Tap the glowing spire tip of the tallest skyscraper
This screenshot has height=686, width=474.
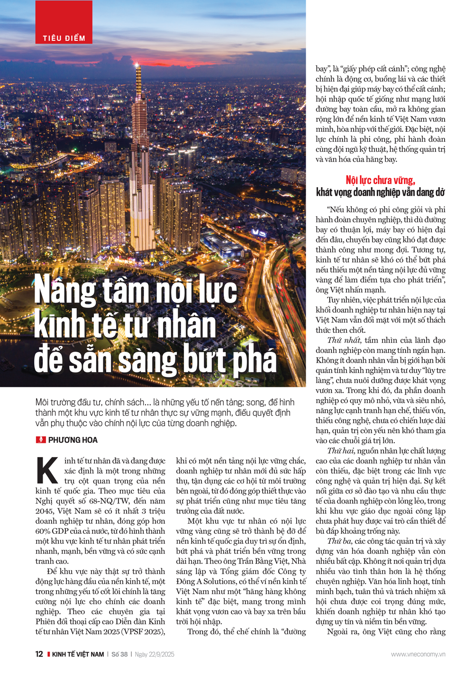click(x=137, y=64)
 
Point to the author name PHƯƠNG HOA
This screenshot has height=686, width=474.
click(x=73, y=440)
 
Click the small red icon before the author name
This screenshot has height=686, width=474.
click(x=41, y=440)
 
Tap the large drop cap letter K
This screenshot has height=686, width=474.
click(x=47, y=470)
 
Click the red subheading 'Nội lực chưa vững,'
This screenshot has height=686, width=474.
click(x=380, y=180)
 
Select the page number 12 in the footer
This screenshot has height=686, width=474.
click(x=39, y=654)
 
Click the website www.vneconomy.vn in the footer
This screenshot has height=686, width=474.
click(x=418, y=654)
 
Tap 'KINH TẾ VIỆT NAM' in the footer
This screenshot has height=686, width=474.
click(x=78, y=654)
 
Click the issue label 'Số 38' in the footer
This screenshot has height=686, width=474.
click(x=119, y=654)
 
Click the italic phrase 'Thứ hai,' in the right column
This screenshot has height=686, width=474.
click(x=341, y=451)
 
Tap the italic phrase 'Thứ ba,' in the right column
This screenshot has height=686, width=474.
click(x=339, y=541)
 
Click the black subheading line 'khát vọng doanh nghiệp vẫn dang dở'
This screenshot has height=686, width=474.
click(x=380, y=192)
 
